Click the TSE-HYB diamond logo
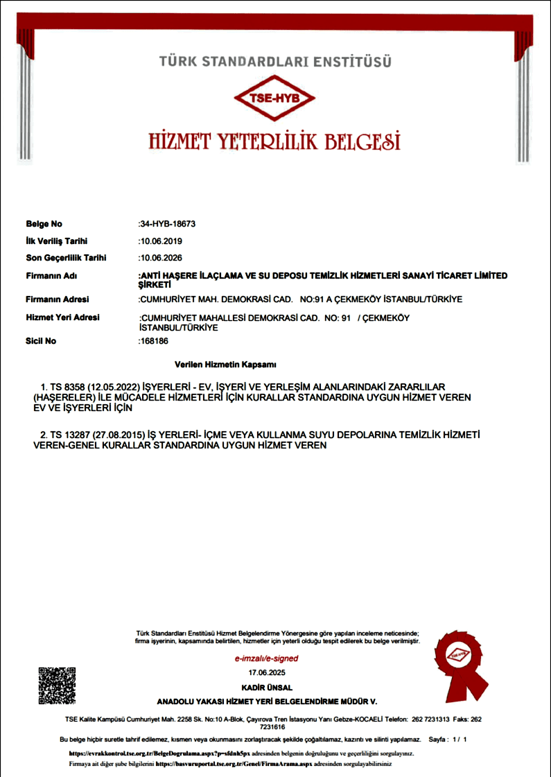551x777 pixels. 275,98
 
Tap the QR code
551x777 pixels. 57,686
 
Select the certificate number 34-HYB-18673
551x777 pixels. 168,224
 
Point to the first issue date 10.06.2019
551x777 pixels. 161,241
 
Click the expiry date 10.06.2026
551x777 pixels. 161,258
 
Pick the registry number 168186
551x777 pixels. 154,341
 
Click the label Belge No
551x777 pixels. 44,224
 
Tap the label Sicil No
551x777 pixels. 41,341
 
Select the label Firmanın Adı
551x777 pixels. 51,276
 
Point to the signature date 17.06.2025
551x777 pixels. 266,672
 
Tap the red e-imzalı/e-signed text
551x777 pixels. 266,658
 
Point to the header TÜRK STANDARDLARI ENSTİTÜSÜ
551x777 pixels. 275,62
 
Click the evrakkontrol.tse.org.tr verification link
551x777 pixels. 152,753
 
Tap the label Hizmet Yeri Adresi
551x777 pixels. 62,317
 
